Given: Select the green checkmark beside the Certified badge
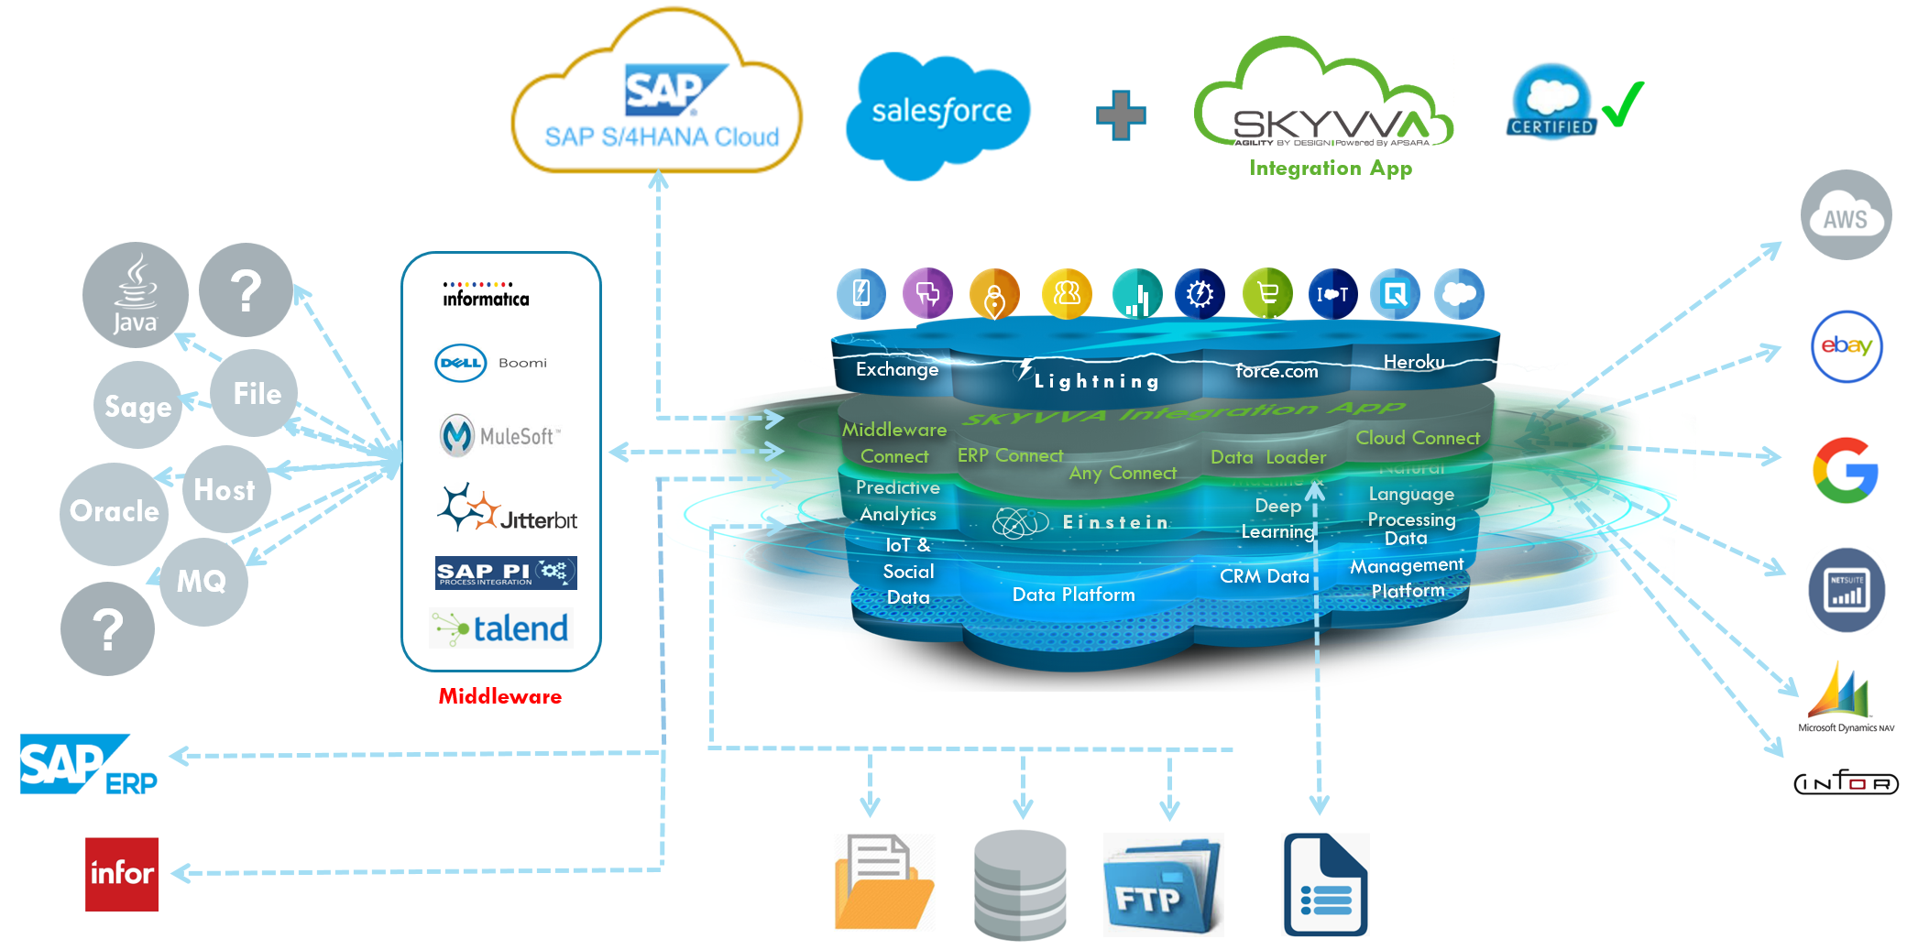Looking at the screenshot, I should [x=1623, y=104].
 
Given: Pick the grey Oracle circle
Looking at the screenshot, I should [x=114, y=511].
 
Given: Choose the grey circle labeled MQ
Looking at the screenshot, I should [x=203, y=581].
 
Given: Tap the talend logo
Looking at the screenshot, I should [x=501, y=628].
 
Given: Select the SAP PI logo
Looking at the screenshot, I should [x=506, y=573].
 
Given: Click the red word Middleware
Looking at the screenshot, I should [x=499, y=696].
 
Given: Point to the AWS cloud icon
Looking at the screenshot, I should [x=1845, y=216].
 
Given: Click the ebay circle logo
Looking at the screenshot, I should [x=1846, y=346].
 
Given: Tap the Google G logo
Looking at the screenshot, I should [x=1845, y=471].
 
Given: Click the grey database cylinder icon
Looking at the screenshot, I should [x=1019, y=885].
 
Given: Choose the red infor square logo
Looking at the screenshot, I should [x=122, y=874].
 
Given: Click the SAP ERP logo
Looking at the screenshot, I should [x=88, y=765].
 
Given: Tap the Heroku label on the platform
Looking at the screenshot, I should [x=1413, y=362].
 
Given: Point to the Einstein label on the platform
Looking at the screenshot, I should [x=1114, y=522].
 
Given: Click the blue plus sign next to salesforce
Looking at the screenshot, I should [x=1121, y=115].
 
